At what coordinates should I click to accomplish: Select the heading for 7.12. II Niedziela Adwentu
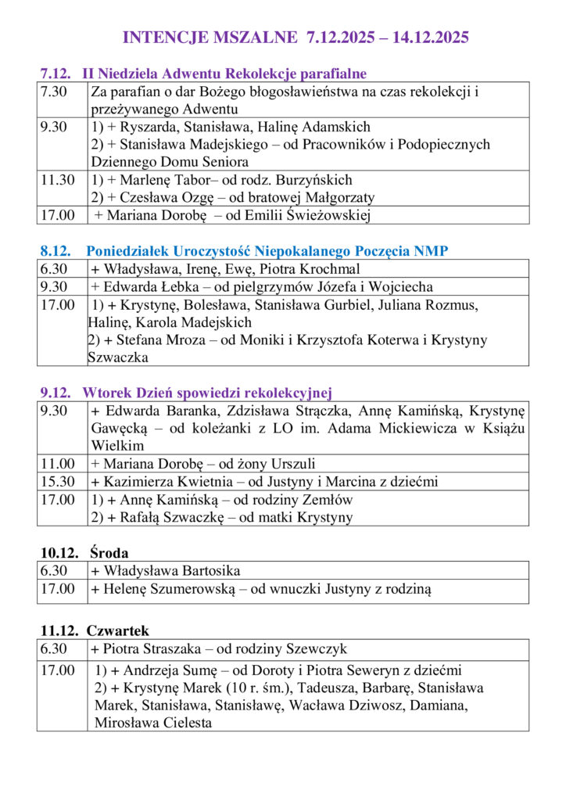pos(203,74)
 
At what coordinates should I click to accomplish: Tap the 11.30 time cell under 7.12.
pos(58,180)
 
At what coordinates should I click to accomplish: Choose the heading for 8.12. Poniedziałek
pos(244,251)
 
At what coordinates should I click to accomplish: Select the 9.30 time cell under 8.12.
pos(54,287)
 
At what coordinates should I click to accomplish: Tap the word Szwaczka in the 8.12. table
pos(118,357)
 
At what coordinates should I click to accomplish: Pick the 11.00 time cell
pos(58,464)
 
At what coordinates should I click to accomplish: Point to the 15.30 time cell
pos(58,482)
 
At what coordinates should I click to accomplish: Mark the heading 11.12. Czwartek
pos(95,630)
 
